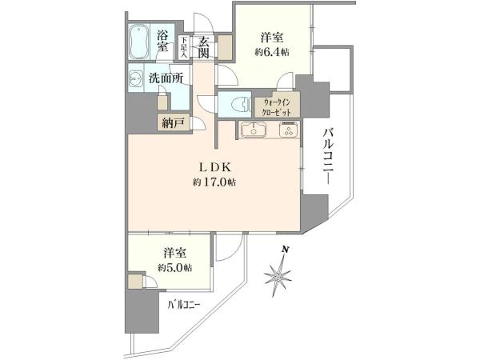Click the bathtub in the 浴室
click(x=139, y=42)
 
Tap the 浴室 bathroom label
click(x=162, y=41)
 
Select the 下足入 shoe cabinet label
click(x=184, y=47)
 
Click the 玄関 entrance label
click(x=203, y=47)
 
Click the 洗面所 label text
click(x=166, y=78)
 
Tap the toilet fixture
click(x=242, y=104)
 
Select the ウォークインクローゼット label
click(x=277, y=107)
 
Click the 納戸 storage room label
click(x=174, y=123)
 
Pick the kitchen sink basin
click(x=253, y=130)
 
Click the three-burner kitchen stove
click(x=288, y=130)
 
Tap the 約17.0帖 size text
click(x=214, y=182)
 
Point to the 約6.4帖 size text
click(x=271, y=52)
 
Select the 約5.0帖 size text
click(x=174, y=268)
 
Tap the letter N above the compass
click(x=286, y=250)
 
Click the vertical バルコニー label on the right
click(x=330, y=157)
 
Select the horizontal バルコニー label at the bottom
click(x=184, y=305)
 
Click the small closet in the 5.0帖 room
click(x=135, y=282)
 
